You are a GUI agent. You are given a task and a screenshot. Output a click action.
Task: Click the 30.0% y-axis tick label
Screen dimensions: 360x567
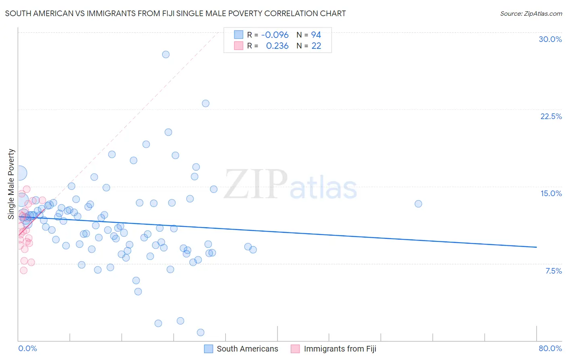click(x=550, y=39)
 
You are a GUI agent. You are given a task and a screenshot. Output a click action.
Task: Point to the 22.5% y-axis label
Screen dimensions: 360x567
click(x=551, y=116)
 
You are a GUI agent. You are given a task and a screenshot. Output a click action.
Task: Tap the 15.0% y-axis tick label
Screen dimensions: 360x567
click(x=551, y=193)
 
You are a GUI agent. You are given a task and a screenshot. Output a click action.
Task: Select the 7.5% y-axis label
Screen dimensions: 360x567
click(x=553, y=271)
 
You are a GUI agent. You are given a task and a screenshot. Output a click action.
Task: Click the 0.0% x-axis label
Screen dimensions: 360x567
click(x=27, y=348)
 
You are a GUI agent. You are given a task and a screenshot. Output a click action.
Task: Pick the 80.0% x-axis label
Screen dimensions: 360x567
click(x=550, y=348)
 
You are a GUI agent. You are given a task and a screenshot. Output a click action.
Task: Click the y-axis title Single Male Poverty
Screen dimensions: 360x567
click(x=11, y=184)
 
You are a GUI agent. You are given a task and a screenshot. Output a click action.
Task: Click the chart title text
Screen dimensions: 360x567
click(x=175, y=13)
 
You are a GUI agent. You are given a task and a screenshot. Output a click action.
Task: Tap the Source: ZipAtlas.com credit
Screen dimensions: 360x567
click(x=531, y=13)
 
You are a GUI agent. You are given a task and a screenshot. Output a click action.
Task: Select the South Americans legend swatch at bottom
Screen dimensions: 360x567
click(x=208, y=349)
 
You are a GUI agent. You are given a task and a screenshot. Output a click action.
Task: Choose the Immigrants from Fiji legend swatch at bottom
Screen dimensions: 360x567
click(x=296, y=349)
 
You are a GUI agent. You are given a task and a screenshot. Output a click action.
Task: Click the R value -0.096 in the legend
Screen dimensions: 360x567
click(x=275, y=35)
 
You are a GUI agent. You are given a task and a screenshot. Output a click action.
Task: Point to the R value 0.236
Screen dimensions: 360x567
click(x=277, y=46)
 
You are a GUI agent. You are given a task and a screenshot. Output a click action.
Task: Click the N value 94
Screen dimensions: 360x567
click(x=316, y=35)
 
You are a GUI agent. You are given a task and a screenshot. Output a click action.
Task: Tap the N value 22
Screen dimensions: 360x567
click(x=316, y=46)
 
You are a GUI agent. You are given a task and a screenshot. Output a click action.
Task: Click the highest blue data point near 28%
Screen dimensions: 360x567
click(x=166, y=54)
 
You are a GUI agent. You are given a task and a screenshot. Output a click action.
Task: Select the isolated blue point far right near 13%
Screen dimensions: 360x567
click(x=418, y=204)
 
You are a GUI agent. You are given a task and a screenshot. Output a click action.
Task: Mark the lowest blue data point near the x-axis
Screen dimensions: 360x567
click(x=200, y=333)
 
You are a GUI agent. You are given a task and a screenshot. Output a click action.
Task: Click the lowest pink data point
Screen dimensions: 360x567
click(x=24, y=270)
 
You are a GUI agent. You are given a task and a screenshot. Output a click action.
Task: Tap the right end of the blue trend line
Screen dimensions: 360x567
click(x=536, y=247)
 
